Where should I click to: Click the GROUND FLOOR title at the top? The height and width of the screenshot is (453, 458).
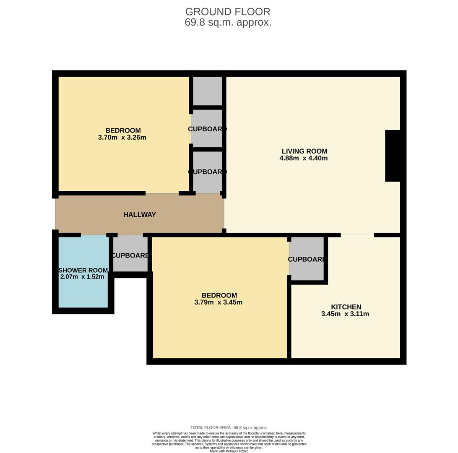pyautogui.click(x=228, y=12)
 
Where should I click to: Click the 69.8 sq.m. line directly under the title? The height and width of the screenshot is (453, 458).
pyautogui.click(x=228, y=23)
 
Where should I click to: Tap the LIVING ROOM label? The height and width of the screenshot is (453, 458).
pyautogui.click(x=304, y=151)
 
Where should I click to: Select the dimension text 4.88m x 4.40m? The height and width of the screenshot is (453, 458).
pyautogui.click(x=303, y=159)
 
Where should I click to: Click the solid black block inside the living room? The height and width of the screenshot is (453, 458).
pyautogui.click(x=392, y=156)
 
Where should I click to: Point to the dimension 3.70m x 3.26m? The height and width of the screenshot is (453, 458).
pyautogui.click(x=122, y=138)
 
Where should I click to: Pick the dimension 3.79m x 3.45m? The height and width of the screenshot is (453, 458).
pyautogui.click(x=218, y=302)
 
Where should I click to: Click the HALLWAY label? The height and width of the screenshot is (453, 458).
pyautogui.click(x=140, y=215)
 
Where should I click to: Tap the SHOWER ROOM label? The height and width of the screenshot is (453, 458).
pyautogui.click(x=83, y=271)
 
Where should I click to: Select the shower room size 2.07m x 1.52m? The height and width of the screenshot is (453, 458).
pyautogui.click(x=82, y=277)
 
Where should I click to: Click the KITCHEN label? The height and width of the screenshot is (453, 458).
pyautogui.click(x=346, y=307)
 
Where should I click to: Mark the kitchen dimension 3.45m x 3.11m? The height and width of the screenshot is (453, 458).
pyautogui.click(x=345, y=314)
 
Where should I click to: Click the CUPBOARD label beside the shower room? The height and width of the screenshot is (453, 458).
pyautogui.click(x=130, y=255)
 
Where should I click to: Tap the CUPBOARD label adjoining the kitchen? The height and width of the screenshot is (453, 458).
pyautogui.click(x=307, y=259)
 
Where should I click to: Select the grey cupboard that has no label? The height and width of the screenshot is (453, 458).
pyautogui.click(x=207, y=91)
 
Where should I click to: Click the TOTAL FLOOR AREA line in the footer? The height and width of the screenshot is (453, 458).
pyautogui.click(x=229, y=428)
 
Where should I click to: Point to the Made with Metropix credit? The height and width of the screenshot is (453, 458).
pyautogui.click(x=229, y=451)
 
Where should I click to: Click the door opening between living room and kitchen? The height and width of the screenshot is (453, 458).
pyautogui.click(x=357, y=235)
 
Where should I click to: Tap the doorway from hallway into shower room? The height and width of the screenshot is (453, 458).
pyautogui.click(x=94, y=235)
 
